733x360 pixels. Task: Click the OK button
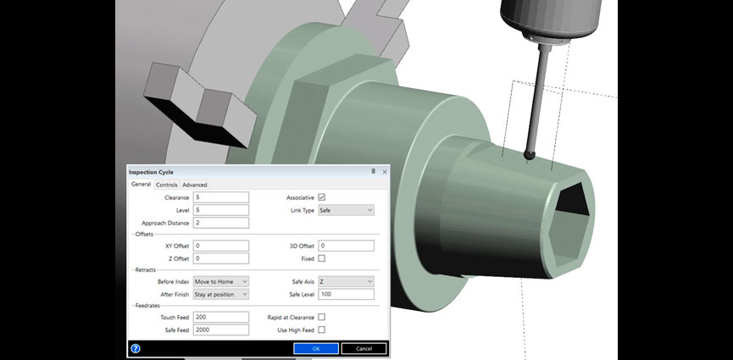point(316,348)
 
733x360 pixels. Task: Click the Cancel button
point(364,348)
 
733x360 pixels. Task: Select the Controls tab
point(167,185)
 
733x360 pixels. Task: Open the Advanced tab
point(195,185)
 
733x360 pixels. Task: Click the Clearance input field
point(221,197)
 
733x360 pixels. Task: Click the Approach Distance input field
point(221,223)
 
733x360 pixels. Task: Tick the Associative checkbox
point(321,197)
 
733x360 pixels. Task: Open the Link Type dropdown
point(346,210)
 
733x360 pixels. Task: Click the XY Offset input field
point(221,246)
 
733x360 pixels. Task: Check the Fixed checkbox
point(321,258)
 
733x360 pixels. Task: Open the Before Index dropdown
point(221,281)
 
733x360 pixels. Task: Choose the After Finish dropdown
point(221,294)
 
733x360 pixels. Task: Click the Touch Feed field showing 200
point(221,317)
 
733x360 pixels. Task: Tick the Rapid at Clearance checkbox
point(321,317)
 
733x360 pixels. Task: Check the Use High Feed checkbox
point(321,330)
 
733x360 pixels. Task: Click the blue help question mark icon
point(136,348)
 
